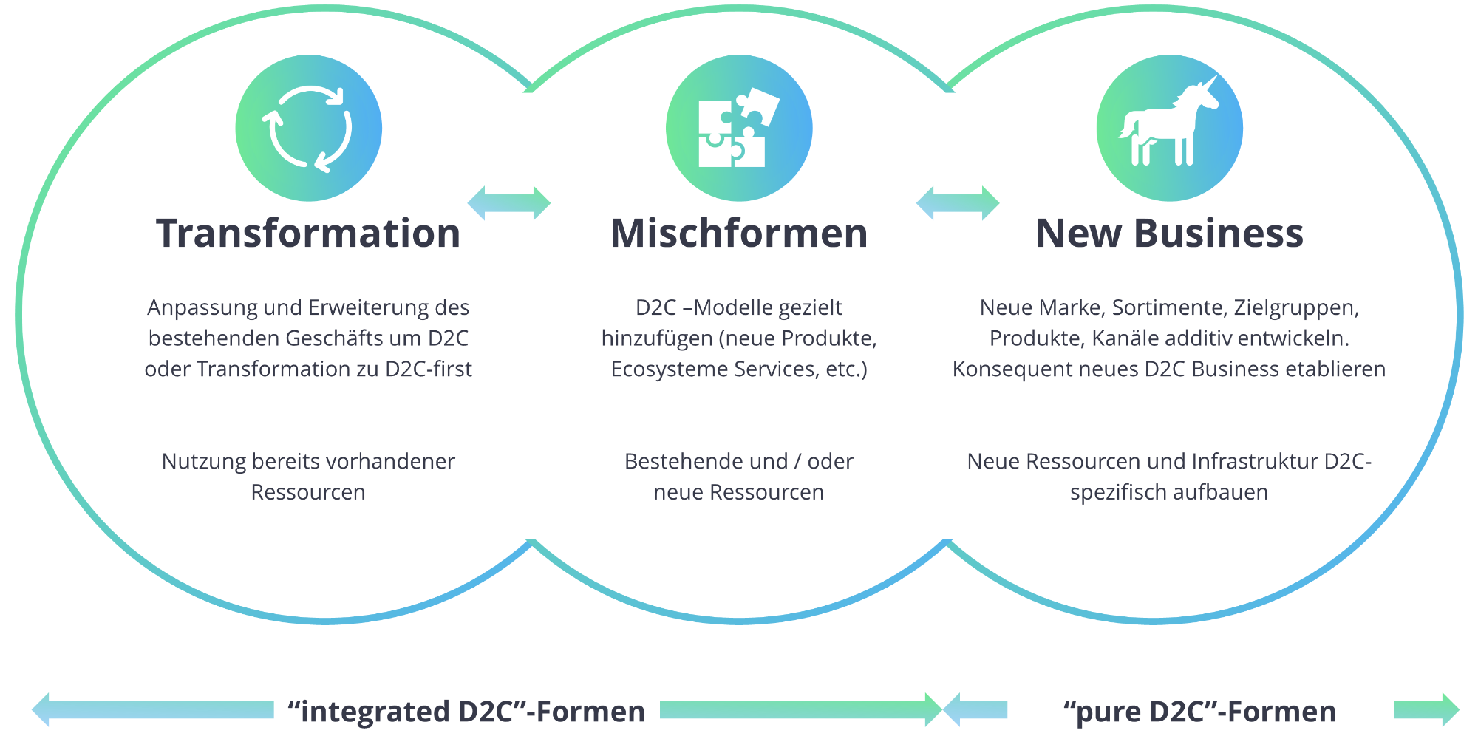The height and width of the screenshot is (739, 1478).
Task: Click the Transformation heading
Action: [x=308, y=234]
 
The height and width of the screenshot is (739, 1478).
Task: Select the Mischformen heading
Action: [x=739, y=234]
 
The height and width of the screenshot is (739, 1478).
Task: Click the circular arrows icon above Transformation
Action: [x=308, y=129]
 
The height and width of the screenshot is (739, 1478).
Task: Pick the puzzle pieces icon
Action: [x=738, y=129]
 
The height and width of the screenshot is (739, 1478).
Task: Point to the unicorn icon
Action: [x=1168, y=129]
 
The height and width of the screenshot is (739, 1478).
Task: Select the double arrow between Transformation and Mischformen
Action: [x=509, y=202]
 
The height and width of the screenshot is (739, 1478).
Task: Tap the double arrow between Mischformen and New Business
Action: [x=958, y=202]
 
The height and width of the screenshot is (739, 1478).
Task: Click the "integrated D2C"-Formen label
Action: [x=466, y=711]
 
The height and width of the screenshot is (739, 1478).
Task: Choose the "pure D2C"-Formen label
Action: [x=1199, y=711]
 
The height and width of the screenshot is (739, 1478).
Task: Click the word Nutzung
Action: [x=203, y=461]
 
